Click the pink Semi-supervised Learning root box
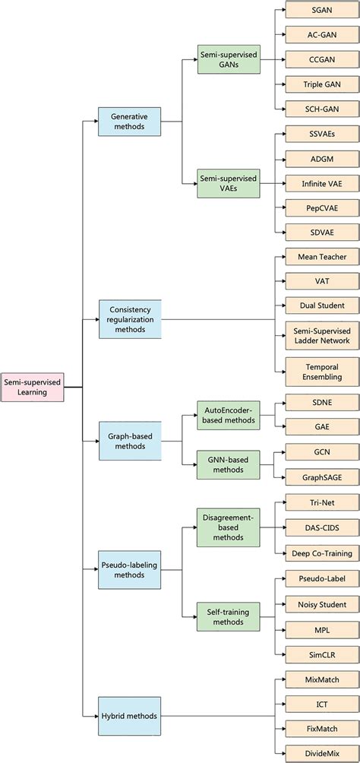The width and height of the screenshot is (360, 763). point(32,387)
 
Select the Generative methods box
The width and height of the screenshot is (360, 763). point(129,122)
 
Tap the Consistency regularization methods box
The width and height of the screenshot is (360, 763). point(129,319)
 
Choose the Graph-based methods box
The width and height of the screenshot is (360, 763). point(129,441)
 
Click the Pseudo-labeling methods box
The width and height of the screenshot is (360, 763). point(129,570)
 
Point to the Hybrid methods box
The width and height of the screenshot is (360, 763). point(129,716)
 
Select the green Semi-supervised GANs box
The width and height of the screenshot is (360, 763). point(228,59)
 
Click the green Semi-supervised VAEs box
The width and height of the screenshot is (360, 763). point(228,183)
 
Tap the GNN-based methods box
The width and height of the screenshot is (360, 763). point(228,466)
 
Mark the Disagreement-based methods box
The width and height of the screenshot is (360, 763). point(228,527)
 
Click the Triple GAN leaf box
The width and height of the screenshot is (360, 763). point(321,84)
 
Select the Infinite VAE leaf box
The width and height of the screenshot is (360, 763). point(321,182)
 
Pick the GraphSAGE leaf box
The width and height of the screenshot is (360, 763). point(321,476)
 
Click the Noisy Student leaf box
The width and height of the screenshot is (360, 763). point(321,604)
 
